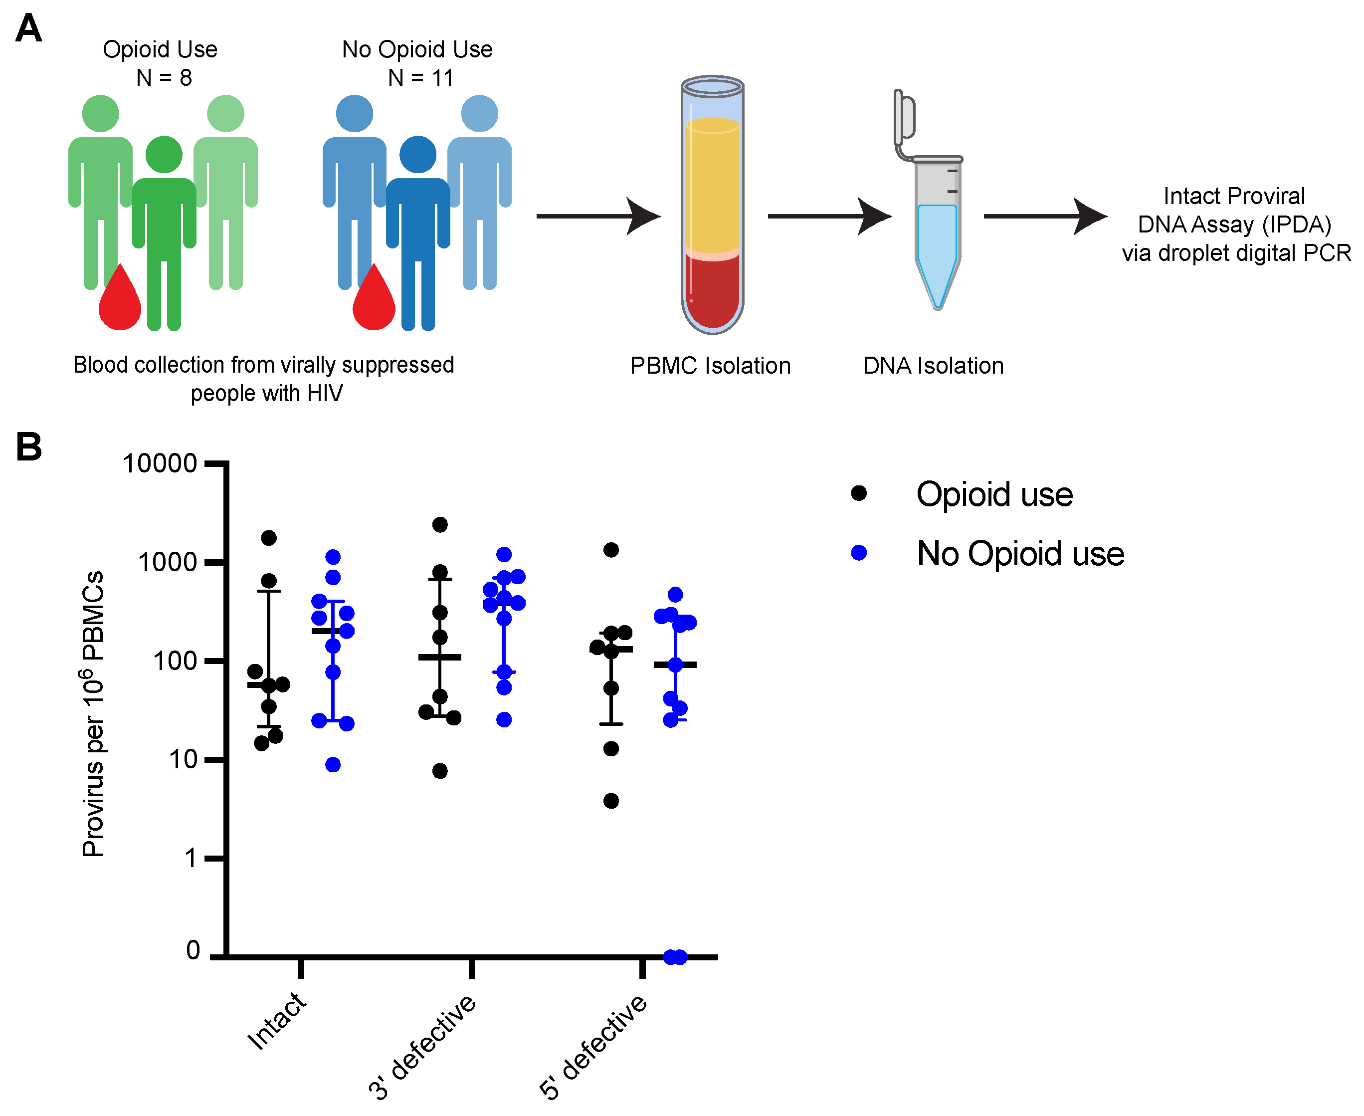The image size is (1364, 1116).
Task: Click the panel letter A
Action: [x=28, y=29]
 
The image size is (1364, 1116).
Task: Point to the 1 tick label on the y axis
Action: [x=191, y=858]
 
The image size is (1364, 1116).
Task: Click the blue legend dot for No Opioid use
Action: [x=859, y=553]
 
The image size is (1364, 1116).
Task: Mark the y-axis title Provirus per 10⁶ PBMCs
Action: [x=94, y=713]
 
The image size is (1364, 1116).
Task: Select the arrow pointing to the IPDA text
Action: [x=1045, y=217]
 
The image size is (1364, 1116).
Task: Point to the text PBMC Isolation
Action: [x=710, y=366]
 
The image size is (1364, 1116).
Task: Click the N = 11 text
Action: [x=421, y=78]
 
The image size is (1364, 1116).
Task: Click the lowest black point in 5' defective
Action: [x=611, y=801]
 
